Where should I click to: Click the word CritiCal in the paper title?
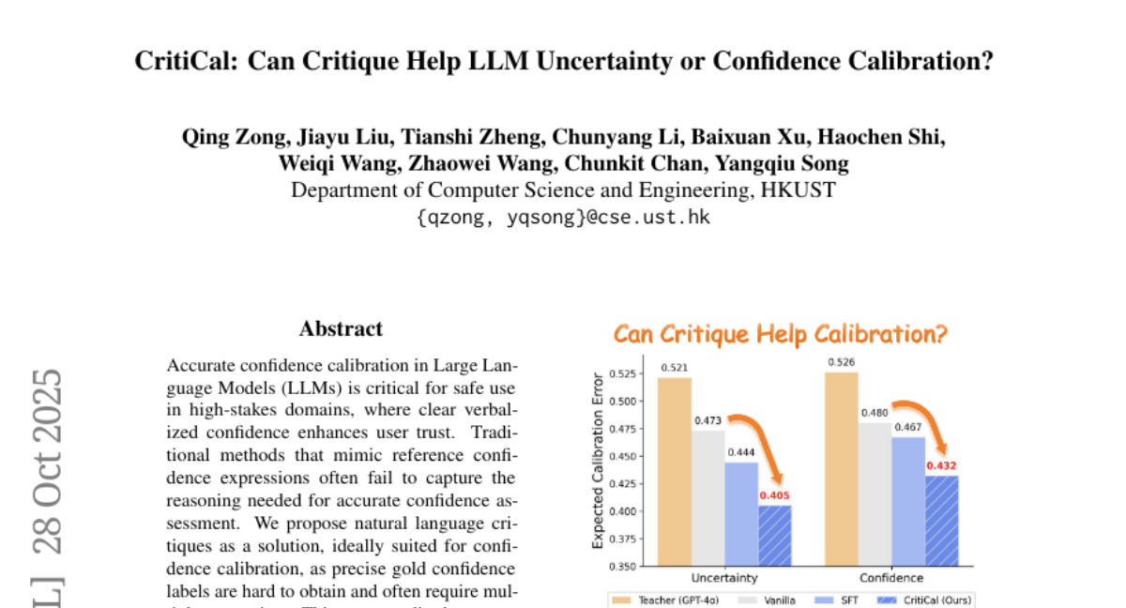(178, 62)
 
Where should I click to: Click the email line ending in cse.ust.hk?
(562, 217)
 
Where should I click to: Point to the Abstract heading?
(341, 328)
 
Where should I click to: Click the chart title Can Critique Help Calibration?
(781, 334)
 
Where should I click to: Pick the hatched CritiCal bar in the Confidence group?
(942, 520)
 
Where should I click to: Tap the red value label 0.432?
(942, 465)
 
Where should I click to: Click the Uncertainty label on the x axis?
(724, 578)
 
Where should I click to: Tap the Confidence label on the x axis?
(891, 578)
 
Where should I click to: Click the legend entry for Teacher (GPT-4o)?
(670, 600)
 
